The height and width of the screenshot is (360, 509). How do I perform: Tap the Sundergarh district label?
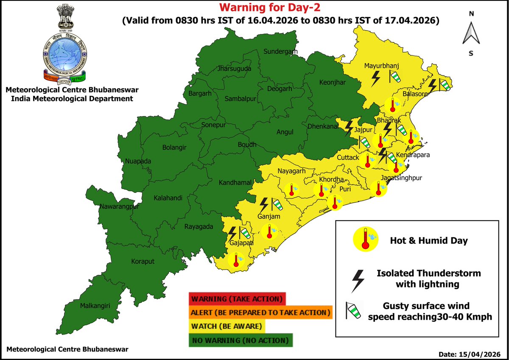(280, 52)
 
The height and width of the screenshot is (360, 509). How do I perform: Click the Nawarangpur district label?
(120, 207)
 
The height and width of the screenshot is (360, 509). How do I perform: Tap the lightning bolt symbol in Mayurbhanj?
(375, 78)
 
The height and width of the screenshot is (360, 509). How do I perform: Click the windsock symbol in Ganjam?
(277, 205)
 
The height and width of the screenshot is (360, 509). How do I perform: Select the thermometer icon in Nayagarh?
(291, 189)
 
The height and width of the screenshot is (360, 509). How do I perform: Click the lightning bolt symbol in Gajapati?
(232, 233)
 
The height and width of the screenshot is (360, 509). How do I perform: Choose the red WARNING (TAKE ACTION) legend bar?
(238, 299)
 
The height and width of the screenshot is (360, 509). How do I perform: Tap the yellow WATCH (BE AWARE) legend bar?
(227, 327)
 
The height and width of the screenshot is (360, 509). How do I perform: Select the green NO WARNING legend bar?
(241, 340)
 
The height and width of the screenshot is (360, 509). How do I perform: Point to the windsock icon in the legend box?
(353, 311)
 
